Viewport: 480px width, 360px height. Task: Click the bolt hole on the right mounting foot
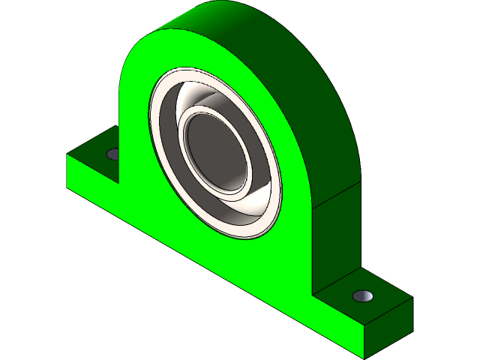(x=363, y=295)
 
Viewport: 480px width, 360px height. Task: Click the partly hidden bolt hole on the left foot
(x=113, y=154)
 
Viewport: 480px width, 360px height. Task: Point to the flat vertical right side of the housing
(x=337, y=240)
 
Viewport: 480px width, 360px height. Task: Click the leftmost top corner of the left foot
(x=68, y=154)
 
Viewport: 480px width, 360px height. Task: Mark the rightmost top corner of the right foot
(x=412, y=298)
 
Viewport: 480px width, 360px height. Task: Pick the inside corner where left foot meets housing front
(x=120, y=184)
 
